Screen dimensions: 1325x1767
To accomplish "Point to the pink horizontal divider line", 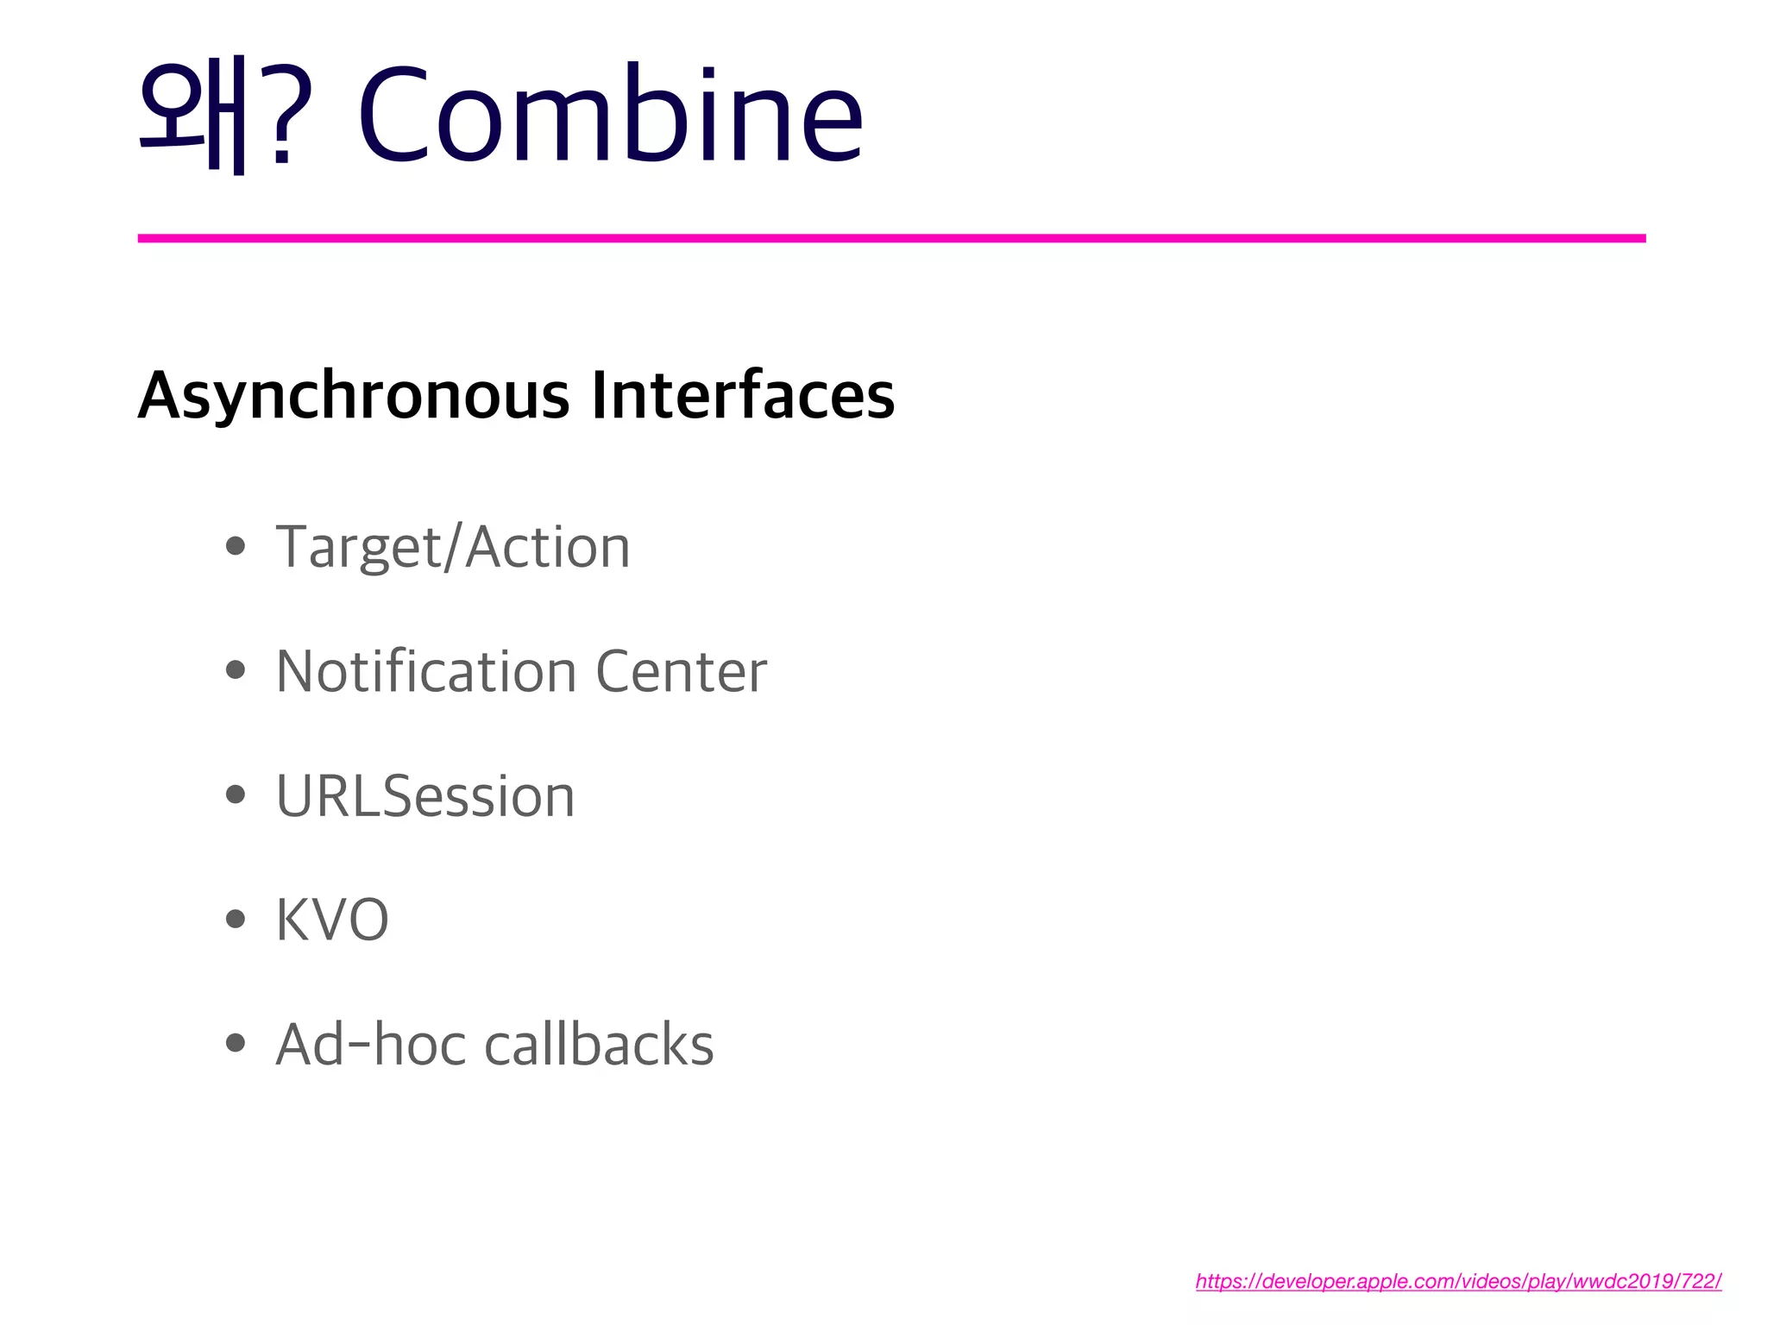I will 891,238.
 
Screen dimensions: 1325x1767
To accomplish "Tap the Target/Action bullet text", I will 453,548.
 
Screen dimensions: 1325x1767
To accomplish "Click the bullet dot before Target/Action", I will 235,546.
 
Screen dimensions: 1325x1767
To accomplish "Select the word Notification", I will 426,671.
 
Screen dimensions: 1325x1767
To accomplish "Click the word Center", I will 681,672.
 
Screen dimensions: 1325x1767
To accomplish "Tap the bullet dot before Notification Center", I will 235,670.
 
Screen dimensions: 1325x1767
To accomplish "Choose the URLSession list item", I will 425,795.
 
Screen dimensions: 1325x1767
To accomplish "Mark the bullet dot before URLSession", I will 235,794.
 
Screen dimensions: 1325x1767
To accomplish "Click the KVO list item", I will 332,920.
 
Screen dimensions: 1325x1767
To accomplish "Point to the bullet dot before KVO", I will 235,919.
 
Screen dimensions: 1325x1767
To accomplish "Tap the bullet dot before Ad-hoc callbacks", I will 235,1043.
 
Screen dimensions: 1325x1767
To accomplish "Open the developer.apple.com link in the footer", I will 1458,1281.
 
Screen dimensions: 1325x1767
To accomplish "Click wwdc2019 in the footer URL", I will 1620,1281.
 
